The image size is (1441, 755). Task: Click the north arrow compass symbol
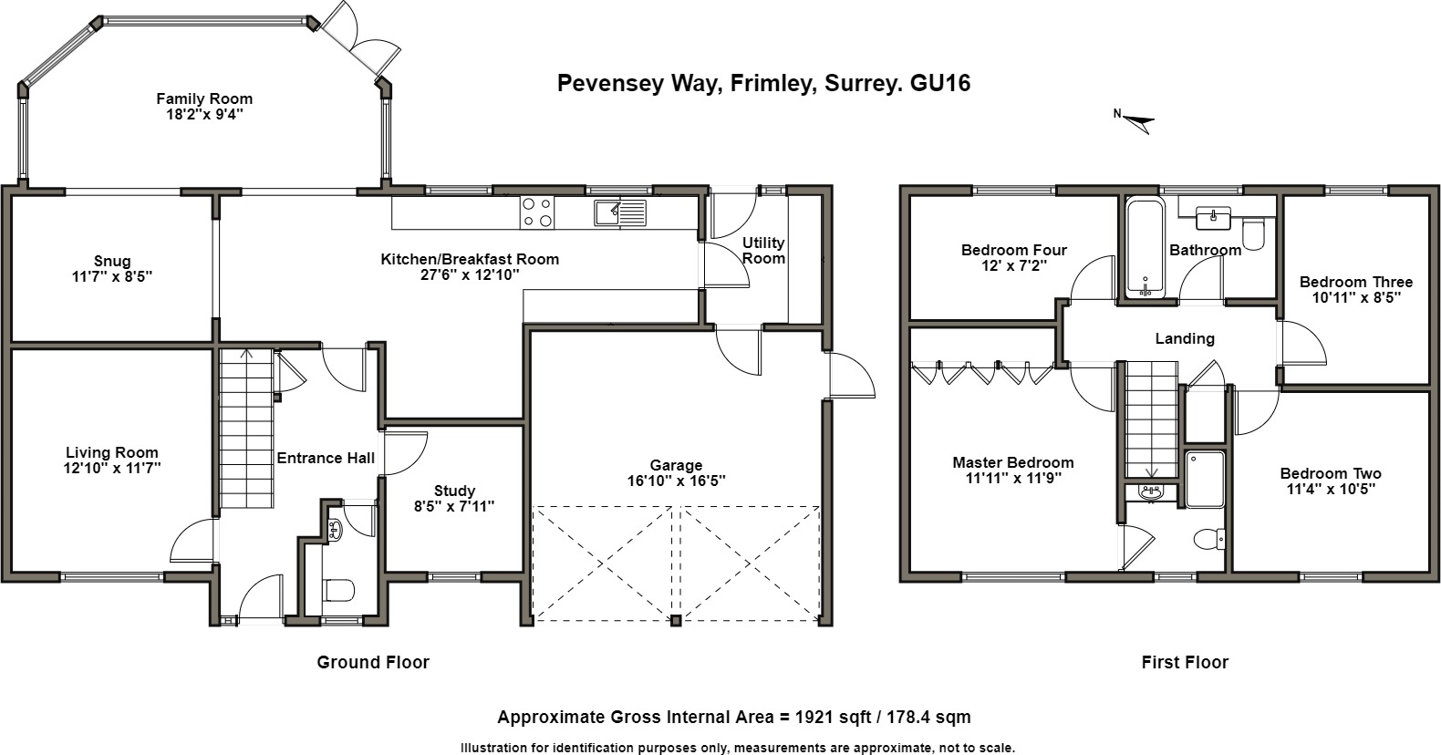click(1135, 120)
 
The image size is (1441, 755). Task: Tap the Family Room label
click(204, 98)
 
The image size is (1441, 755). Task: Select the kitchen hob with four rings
click(536, 212)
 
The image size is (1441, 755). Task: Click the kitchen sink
click(619, 212)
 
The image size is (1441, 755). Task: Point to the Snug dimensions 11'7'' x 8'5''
click(112, 276)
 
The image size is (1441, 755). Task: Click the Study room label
click(454, 491)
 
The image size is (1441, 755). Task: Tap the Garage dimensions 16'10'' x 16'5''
click(676, 481)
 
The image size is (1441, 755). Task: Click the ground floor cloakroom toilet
click(339, 590)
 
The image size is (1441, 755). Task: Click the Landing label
click(1185, 338)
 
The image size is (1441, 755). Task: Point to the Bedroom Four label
click(1013, 250)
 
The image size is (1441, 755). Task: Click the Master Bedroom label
click(1012, 462)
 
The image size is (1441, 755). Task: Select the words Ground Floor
click(373, 662)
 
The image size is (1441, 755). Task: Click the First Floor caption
click(1185, 662)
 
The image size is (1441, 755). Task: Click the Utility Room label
click(763, 250)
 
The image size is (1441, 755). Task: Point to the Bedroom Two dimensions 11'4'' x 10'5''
click(1331, 489)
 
